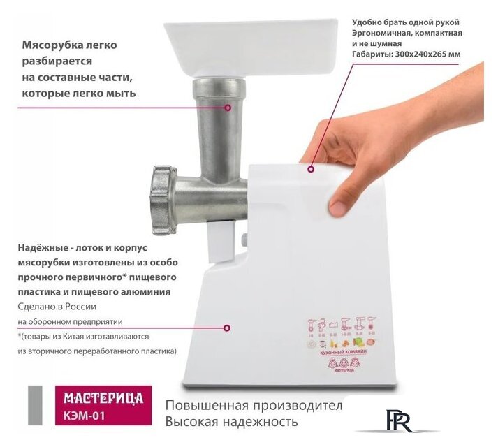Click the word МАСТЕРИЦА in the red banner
[103, 399]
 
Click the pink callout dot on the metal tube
[228, 108]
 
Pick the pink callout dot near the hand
[312, 168]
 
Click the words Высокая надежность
[231, 422]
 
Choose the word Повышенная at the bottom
[203, 406]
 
